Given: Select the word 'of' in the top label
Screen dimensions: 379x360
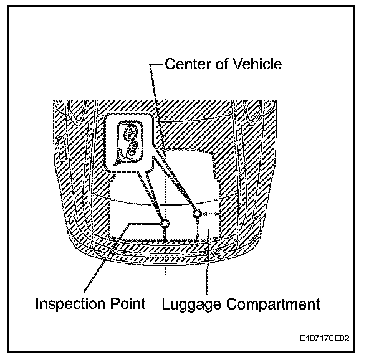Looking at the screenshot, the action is pyautogui.click(x=221, y=64).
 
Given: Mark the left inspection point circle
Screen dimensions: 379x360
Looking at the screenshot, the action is pyautogui.click(x=165, y=223).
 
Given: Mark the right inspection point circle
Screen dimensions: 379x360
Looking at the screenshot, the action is pyautogui.click(x=197, y=214).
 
